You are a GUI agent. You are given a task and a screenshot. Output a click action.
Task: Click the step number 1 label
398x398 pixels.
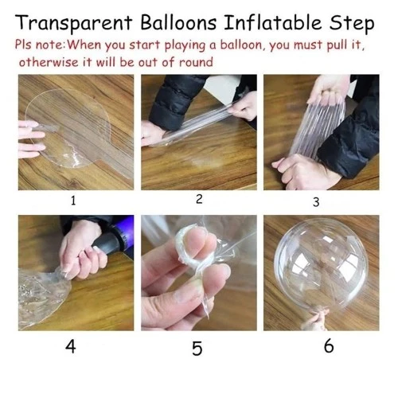[73, 201]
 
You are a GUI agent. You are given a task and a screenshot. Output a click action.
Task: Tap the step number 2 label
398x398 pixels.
[199, 199]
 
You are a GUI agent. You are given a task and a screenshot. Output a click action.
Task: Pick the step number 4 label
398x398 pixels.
[72, 346]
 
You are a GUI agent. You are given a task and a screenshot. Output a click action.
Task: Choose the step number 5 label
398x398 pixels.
[197, 349]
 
